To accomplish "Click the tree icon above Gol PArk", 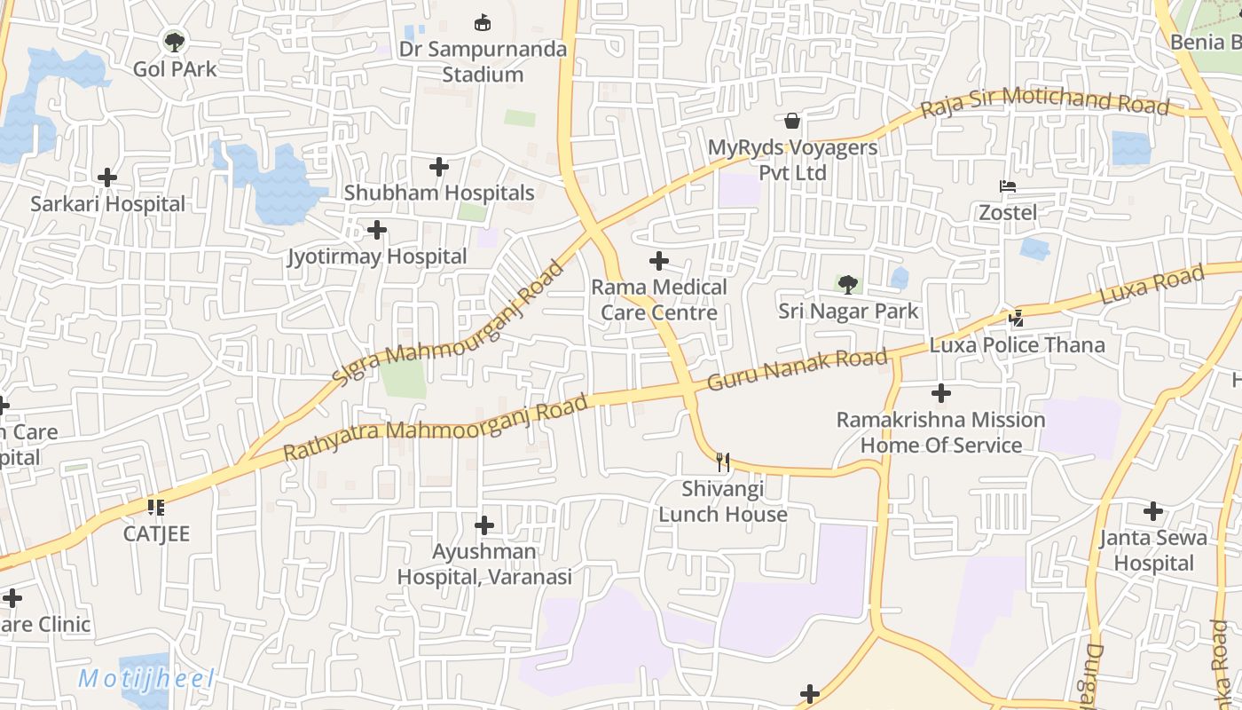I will [x=175, y=41].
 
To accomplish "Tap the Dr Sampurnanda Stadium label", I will [x=483, y=61].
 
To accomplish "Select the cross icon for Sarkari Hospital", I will [x=107, y=177].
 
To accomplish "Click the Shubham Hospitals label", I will [x=439, y=193].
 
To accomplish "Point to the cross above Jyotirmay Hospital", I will [x=377, y=230].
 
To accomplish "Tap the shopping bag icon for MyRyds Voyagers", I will [x=792, y=121].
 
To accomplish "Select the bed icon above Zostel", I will [x=1008, y=186].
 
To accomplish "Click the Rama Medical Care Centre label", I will [x=659, y=300].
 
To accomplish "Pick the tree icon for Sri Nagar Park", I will [x=848, y=285].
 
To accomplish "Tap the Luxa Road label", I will [x=1152, y=286].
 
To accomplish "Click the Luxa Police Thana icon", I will [x=1017, y=318].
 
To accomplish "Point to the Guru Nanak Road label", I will [x=797, y=370].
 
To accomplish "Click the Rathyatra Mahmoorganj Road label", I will [x=436, y=429].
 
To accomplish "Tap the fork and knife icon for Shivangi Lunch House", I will [x=723, y=461].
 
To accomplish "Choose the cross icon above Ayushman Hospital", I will [x=484, y=525].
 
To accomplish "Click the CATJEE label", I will [x=156, y=534].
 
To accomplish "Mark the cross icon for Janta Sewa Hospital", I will [x=1153, y=511].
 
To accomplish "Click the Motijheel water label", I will [x=146, y=680].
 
